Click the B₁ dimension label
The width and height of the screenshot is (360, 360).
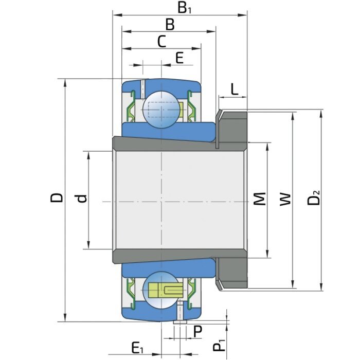click(184, 8)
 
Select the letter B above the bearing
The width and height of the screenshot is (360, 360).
click(170, 25)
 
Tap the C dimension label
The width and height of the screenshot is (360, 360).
click(161, 42)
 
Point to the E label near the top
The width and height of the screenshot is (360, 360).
click(179, 58)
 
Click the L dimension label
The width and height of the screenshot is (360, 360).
click(234, 89)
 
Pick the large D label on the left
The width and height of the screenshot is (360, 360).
click(56, 197)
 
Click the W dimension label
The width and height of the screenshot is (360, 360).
click(285, 200)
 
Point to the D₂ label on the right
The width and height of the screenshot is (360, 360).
click(313, 197)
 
